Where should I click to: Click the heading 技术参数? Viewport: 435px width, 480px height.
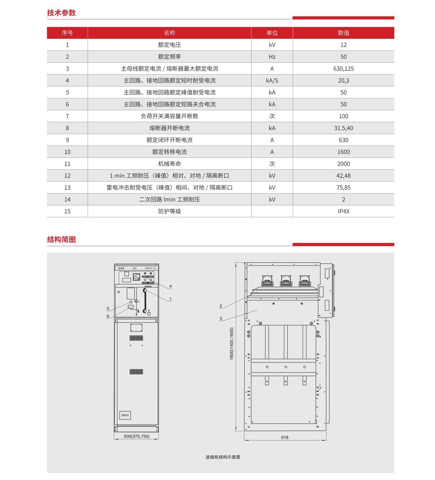click(x=61, y=13)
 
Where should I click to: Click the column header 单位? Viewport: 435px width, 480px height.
click(x=272, y=33)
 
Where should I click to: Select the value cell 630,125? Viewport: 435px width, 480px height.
click(x=343, y=68)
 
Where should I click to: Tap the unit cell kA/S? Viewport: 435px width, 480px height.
click(x=272, y=80)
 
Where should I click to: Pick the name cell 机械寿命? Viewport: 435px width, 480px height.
click(x=169, y=164)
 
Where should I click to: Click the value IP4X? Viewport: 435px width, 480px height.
click(x=343, y=211)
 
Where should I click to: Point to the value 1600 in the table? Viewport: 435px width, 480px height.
click(x=343, y=152)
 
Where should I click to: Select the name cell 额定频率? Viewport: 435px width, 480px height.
click(x=169, y=57)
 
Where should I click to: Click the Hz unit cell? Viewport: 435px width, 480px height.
click(x=272, y=57)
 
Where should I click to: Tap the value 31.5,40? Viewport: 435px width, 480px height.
click(x=343, y=128)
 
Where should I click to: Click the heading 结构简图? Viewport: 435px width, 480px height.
click(x=61, y=240)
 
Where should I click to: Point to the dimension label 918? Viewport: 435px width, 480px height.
click(x=285, y=437)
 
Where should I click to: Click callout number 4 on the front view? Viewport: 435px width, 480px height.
click(x=170, y=286)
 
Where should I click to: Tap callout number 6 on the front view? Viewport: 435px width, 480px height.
click(x=108, y=316)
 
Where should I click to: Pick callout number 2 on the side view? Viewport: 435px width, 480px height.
click(x=221, y=306)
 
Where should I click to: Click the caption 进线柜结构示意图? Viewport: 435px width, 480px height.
click(x=223, y=457)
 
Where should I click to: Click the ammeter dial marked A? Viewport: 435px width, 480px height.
click(x=136, y=277)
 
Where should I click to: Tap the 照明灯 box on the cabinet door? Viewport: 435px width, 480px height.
click(x=125, y=415)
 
